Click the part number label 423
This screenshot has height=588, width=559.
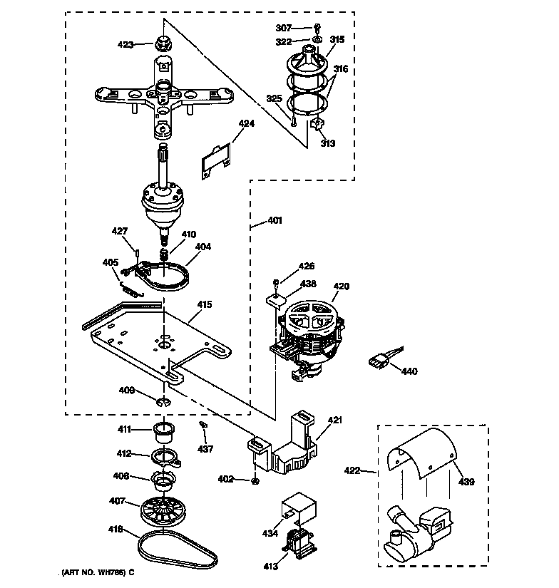[x=125, y=45]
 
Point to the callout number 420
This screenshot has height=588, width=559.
[x=342, y=287]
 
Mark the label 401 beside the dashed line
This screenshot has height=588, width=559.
[x=275, y=220]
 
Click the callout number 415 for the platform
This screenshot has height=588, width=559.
[x=205, y=304]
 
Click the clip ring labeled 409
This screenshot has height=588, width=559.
[x=164, y=406]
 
